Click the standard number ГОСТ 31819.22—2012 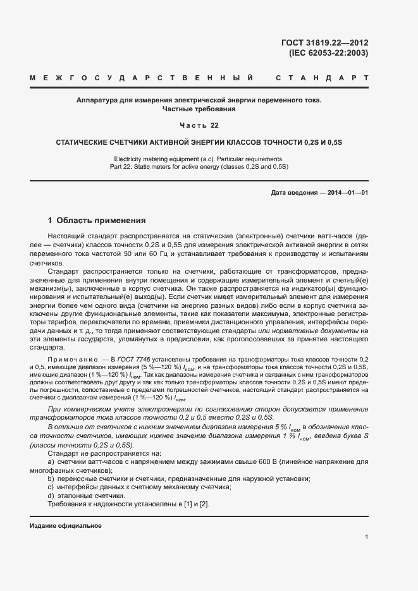tap(324, 43)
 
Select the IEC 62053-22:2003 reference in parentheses tap(328, 53)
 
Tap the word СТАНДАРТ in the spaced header tap(322, 78)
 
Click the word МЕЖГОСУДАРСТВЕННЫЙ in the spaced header tap(142, 78)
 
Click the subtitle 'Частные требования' tap(199, 109)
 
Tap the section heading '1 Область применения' tap(97, 221)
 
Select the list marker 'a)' tap(52, 463)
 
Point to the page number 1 tap(366, 537)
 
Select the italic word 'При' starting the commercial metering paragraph tap(55, 409)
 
